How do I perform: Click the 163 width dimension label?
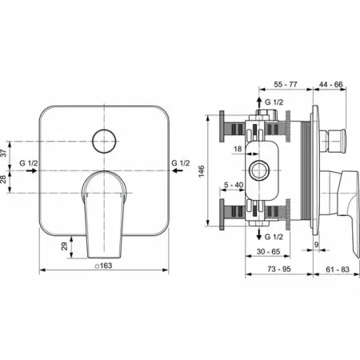pyautogui.click(x=106, y=266)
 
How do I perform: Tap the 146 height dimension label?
pyautogui.click(x=202, y=171)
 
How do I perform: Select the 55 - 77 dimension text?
pyautogui.click(x=286, y=84)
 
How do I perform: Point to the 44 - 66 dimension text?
pyautogui.click(x=331, y=84)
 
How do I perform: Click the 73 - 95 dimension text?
pyautogui.click(x=279, y=269)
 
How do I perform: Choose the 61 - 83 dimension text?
pyautogui.click(x=338, y=270)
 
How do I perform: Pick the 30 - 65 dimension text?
pyautogui.click(x=268, y=251)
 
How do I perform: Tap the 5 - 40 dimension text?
pyautogui.click(x=234, y=185)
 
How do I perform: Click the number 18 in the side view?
pyautogui.click(x=238, y=149)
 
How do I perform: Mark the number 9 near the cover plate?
pyautogui.click(x=316, y=245)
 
